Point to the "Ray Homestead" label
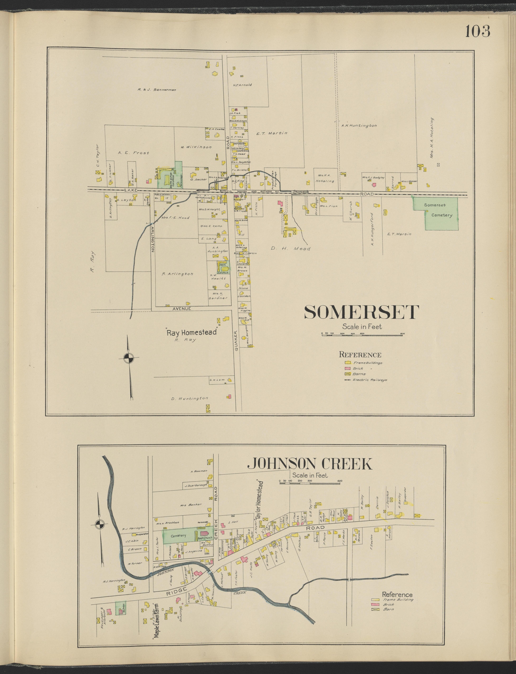point(192,332)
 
